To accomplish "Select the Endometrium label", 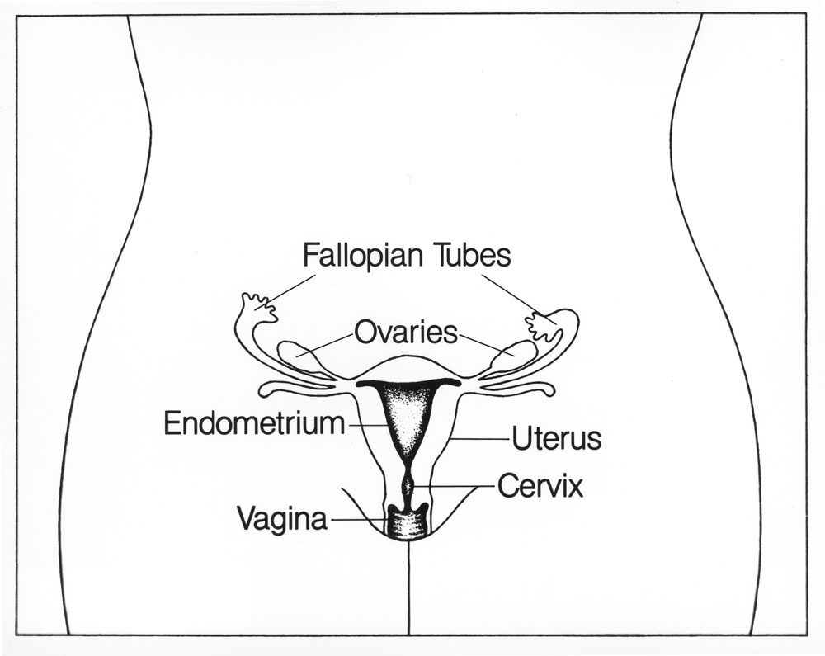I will [253, 423].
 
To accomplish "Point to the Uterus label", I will [555, 438].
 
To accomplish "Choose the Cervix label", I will [540, 485].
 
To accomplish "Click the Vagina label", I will [282, 519].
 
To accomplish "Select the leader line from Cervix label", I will [458, 487].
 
